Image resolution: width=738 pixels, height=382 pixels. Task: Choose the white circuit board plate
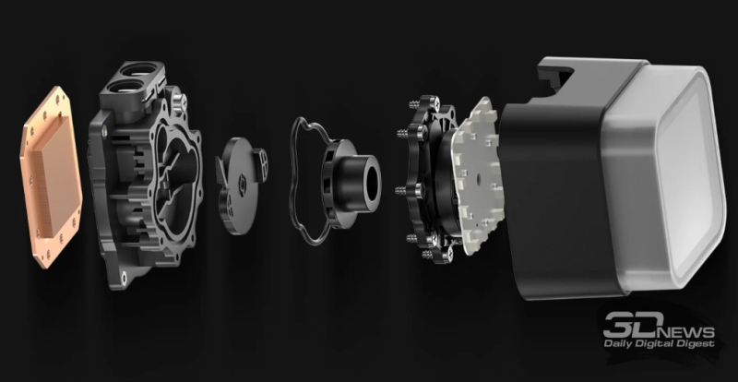[474, 174]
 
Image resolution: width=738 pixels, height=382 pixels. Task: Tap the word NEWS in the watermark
[686, 330]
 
